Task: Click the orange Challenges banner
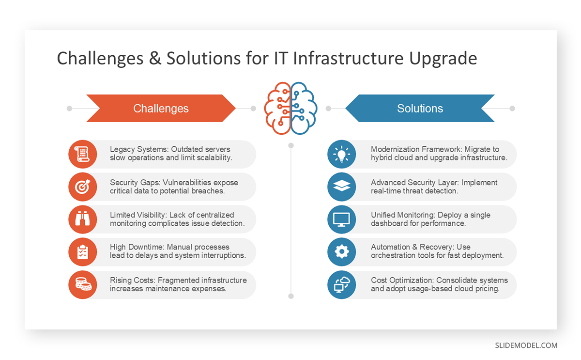161,109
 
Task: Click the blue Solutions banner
420,109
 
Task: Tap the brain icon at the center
290,108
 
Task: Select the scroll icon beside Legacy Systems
83,154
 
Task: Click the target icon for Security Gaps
83,187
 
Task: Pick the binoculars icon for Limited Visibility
83,219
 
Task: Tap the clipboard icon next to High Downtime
83,251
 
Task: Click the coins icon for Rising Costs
83,284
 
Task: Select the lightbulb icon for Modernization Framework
342,154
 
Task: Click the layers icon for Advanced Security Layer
342,187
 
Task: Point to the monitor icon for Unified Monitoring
342,219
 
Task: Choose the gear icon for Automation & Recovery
342,251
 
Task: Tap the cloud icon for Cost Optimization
342,284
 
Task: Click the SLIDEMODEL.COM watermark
526,345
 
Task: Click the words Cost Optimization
401,280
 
